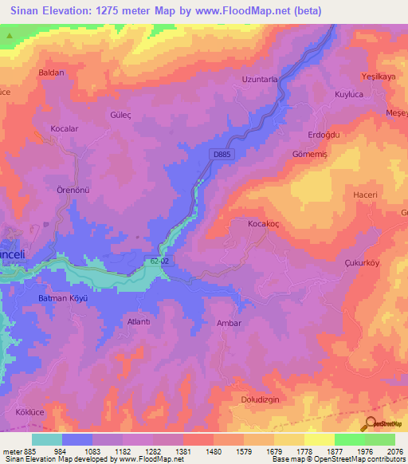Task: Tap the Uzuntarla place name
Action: (259, 80)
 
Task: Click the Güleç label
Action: (120, 115)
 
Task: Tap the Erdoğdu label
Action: (324, 136)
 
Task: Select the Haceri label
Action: (364, 195)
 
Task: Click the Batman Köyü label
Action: (62, 297)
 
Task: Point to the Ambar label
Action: (229, 324)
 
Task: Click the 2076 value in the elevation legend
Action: (385, 450)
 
